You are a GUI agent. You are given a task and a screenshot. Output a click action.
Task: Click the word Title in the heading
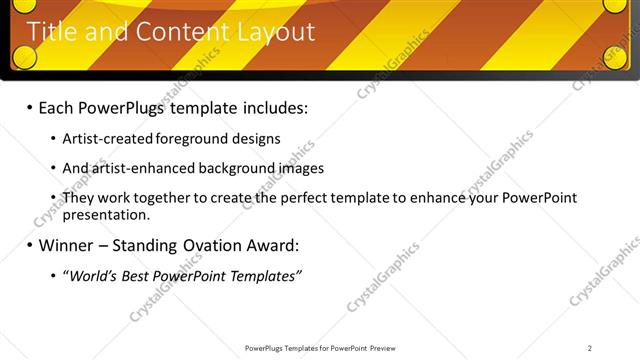click(50, 32)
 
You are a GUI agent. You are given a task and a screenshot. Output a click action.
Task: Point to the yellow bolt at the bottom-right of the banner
click(616, 57)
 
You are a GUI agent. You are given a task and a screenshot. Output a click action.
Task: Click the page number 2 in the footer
click(590, 348)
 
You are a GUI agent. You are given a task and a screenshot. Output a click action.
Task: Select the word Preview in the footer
click(389, 348)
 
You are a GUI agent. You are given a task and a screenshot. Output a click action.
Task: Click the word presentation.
click(105, 214)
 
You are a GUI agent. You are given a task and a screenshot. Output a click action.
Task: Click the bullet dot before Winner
click(29, 245)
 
